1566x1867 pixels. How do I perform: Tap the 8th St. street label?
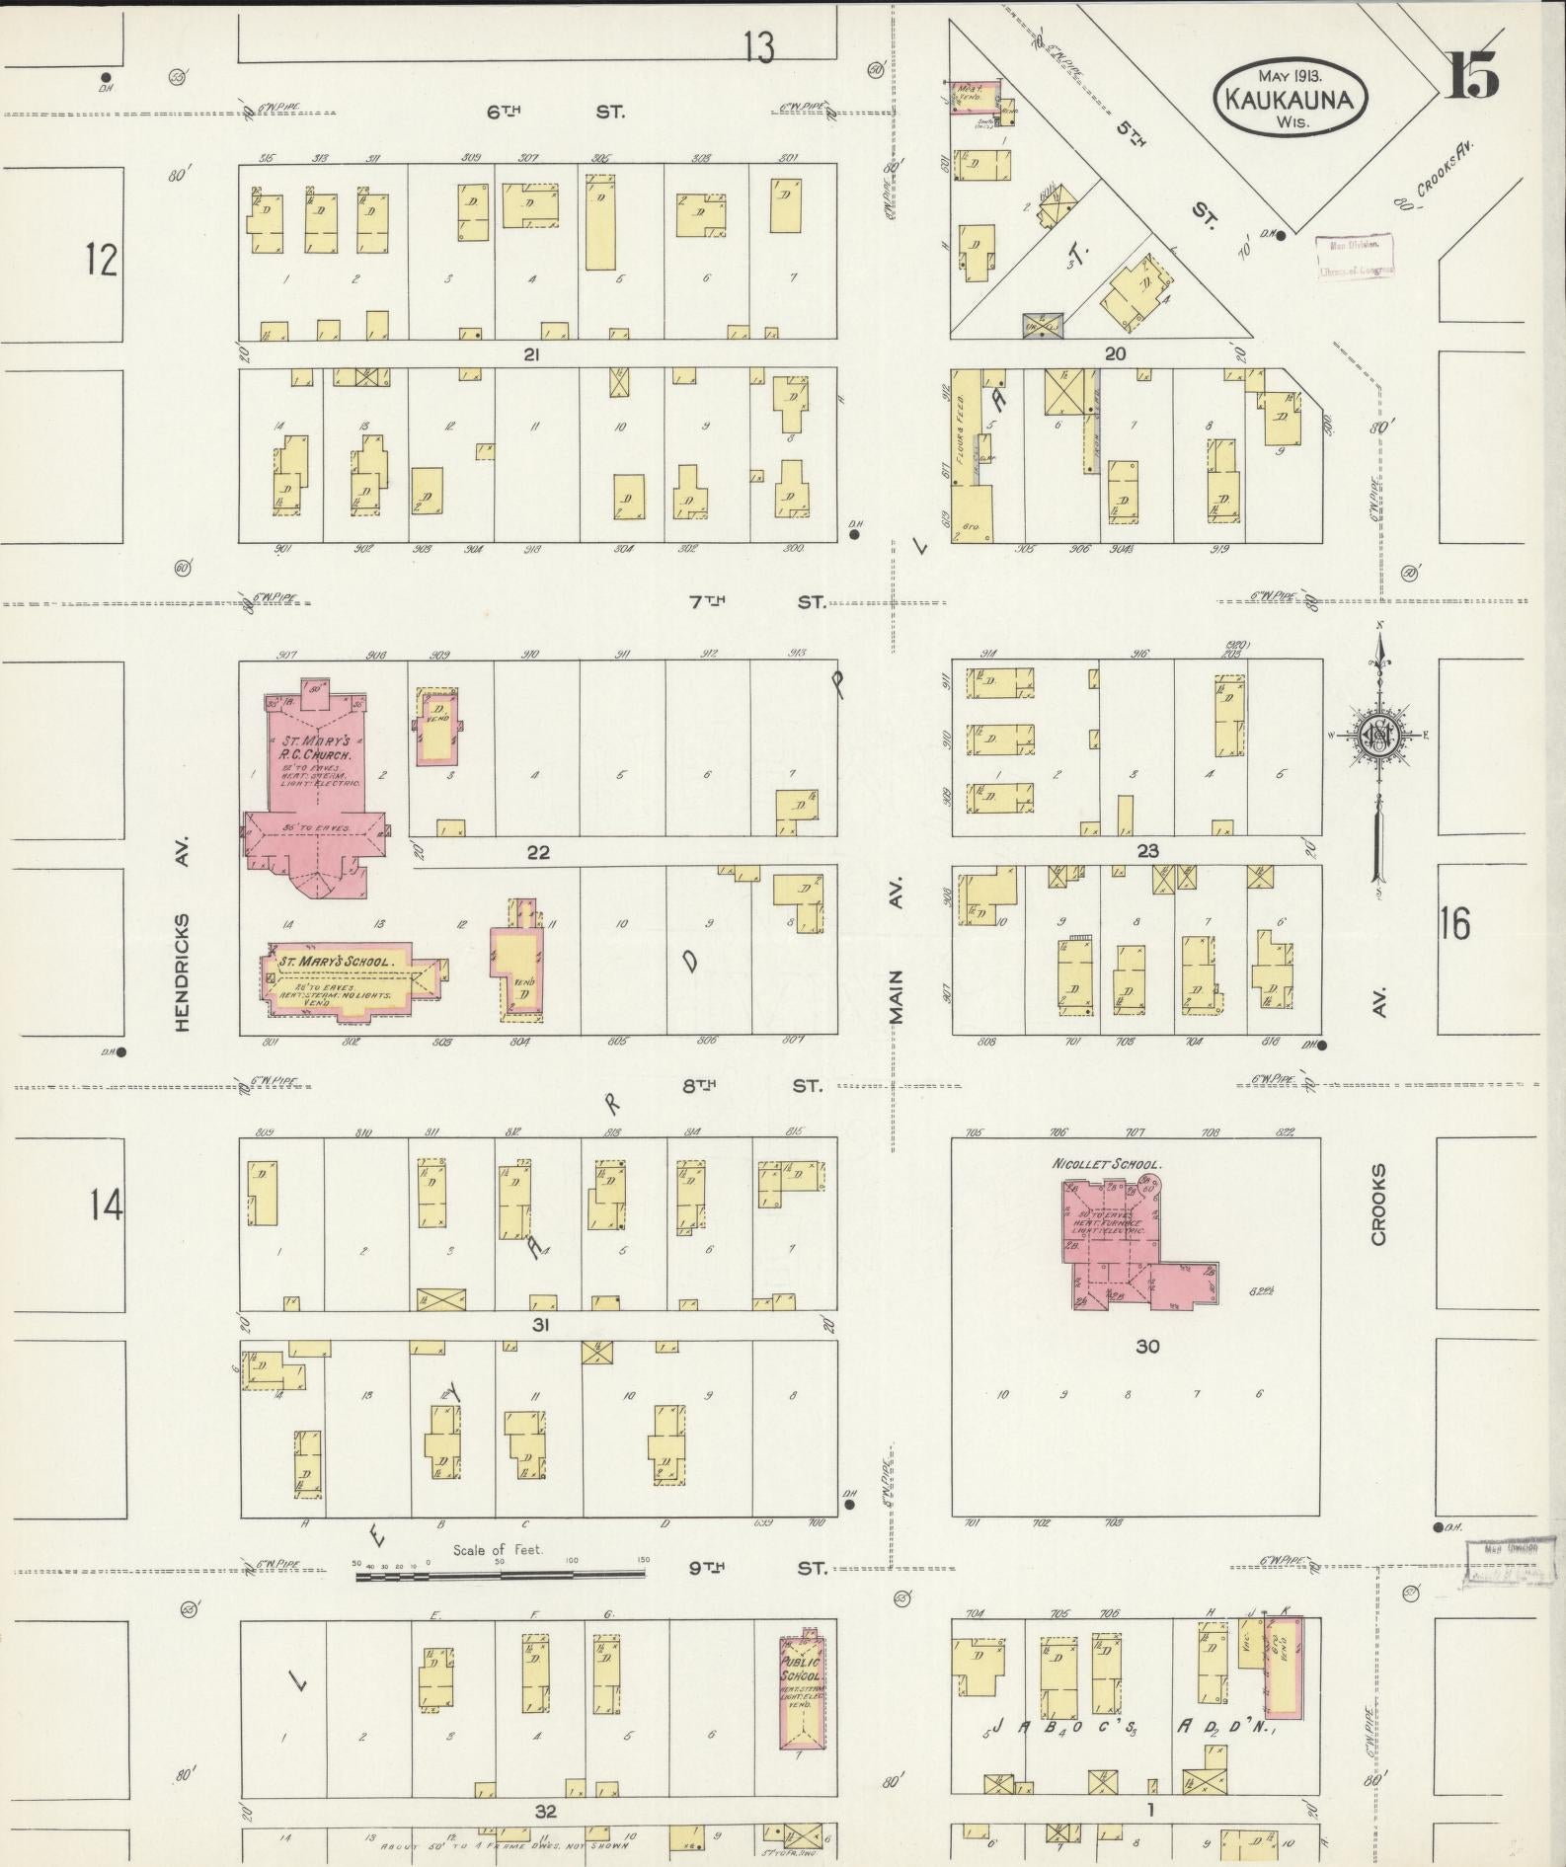(x=751, y=1085)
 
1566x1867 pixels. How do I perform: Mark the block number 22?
(x=538, y=852)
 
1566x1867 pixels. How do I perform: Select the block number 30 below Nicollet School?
(x=1146, y=1346)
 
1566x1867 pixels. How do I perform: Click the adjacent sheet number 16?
(x=1454, y=923)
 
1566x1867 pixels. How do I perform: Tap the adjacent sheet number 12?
(x=101, y=261)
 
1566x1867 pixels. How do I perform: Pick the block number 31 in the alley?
(x=540, y=1325)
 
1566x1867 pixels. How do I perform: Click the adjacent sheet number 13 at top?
(x=759, y=46)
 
